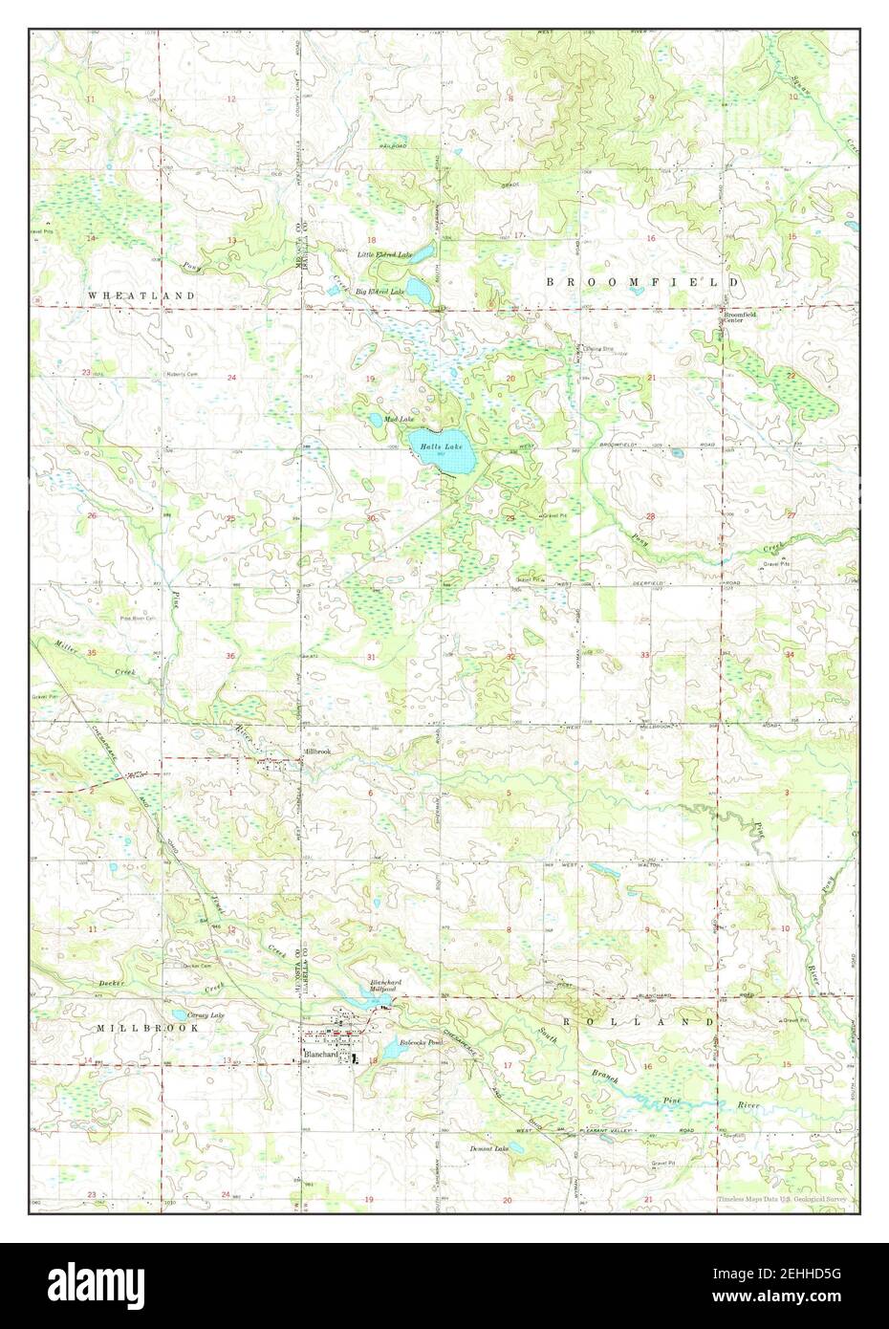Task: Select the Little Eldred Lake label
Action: click(x=384, y=255)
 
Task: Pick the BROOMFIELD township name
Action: click(x=641, y=283)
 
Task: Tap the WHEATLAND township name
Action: click(x=141, y=296)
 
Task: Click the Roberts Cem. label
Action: click(x=181, y=374)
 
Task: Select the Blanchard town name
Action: click(x=321, y=1054)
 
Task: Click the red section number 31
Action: click(x=370, y=657)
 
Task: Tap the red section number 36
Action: click(x=230, y=656)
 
